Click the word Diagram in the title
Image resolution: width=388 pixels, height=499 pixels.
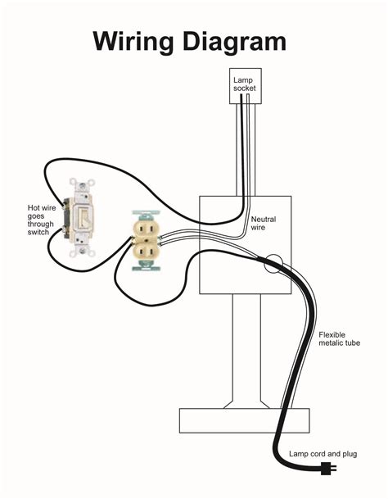(x=235, y=41)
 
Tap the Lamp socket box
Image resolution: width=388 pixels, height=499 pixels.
(x=246, y=86)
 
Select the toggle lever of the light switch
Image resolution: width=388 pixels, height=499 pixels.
(x=83, y=218)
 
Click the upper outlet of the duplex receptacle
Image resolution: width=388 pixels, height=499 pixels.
(x=147, y=227)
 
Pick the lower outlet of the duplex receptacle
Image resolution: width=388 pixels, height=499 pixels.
(x=147, y=252)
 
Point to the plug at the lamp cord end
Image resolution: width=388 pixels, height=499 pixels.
(x=328, y=468)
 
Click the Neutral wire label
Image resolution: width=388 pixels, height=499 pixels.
(x=264, y=224)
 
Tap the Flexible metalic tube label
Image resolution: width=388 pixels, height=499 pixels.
(x=340, y=338)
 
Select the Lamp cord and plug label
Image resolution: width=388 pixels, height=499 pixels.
(x=323, y=454)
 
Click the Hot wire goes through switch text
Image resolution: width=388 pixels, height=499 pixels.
(x=42, y=220)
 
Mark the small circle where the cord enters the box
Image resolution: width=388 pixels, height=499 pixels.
(x=273, y=264)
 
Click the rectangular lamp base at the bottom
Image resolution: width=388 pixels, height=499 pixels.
(x=244, y=420)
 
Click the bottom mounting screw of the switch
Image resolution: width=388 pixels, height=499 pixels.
(x=82, y=252)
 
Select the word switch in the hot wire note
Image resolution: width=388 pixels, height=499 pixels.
(x=38, y=233)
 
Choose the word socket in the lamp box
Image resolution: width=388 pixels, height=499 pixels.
(x=244, y=88)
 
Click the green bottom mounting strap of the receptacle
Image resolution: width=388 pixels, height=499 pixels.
(x=147, y=265)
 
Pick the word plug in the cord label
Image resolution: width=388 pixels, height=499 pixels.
(x=350, y=454)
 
